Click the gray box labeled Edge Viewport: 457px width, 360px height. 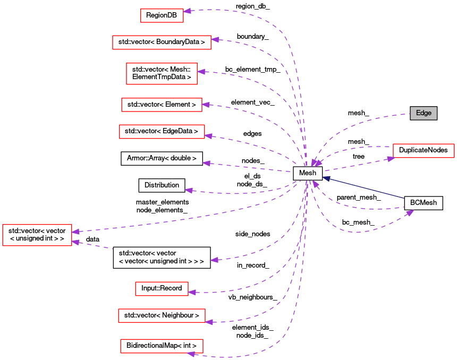click(x=423, y=113)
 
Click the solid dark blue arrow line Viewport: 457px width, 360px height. click(x=367, y=188)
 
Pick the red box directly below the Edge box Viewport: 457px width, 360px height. click(x=424, y=151)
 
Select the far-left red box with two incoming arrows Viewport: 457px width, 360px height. click(x=37, y=235)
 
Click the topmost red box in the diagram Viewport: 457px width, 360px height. click(x=162, y=16)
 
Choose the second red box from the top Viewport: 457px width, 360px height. click(x=162, y=42)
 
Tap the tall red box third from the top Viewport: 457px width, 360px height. click(x=162, y=74)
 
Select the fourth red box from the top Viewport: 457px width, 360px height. click(x=162, y=105)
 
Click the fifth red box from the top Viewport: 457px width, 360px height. click(x=162, y=132)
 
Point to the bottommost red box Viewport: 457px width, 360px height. click(x=162, y=346)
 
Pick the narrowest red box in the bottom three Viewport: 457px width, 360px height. click(x=162, y=289)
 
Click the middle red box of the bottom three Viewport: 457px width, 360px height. click(x=162, y=316)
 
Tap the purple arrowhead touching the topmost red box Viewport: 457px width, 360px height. click(x=187, y=11)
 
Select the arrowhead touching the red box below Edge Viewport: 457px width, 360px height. click(x=391, y=158)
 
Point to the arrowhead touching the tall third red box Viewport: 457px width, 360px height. click(x=201, y=72)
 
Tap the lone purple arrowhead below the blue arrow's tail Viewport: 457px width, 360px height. click(x=410, y=212)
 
